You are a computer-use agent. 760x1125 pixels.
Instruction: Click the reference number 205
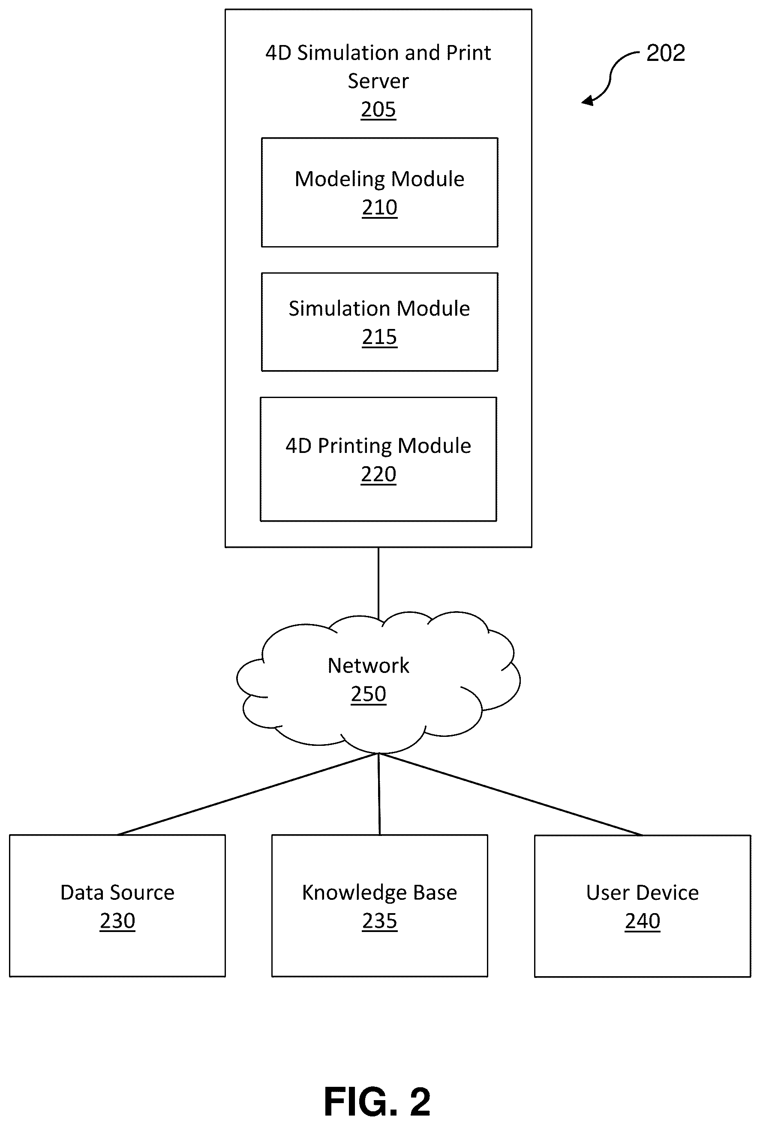click(x=378, y=109)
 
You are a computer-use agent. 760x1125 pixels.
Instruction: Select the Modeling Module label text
click(x=380, y=179)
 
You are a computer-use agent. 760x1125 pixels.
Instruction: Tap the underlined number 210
click(x=380, y=208)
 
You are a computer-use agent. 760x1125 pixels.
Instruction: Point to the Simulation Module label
click(x=379, y=308)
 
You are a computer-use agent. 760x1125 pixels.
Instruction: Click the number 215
click(x=380, y=337)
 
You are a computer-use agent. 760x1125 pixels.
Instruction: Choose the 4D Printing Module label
click(x=378, y=446)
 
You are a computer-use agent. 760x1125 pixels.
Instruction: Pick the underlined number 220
click(x=379, y=474)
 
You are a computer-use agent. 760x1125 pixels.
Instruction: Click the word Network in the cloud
click(x=369, y=666)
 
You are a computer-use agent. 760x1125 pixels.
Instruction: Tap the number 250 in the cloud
click(x=369, y=694)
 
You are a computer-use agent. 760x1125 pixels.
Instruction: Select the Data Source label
click(x=117, y=893)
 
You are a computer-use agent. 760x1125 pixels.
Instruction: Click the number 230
click(x=117, y=921)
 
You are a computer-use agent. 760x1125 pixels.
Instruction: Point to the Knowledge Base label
click(x=380, y=893)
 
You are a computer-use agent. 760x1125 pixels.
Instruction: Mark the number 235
click(x=380, y=921)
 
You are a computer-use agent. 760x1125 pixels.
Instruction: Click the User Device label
click(x=643, y=893)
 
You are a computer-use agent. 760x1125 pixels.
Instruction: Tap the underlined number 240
click(x=643, y=921)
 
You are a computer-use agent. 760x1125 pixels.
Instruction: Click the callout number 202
click(x=666, y=53)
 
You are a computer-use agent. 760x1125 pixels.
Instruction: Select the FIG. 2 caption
click(x=377, y=1102)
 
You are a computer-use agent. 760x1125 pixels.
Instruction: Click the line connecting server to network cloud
click(x=378, y=583)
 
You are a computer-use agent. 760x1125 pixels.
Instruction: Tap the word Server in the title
click(x=378, y=81)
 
